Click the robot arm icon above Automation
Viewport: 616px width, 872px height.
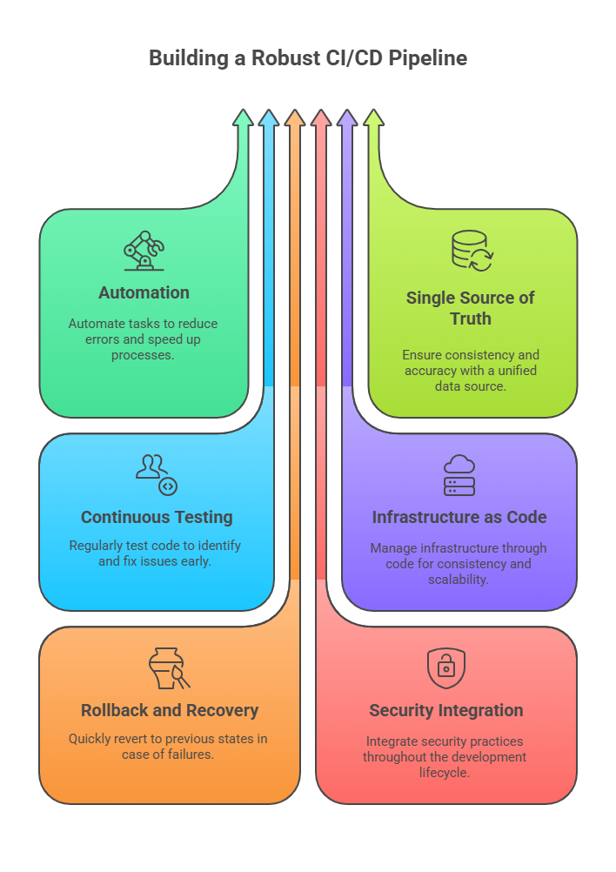coord(144,251)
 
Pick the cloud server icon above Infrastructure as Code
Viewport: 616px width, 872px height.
coord(459,475)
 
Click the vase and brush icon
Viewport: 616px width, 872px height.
coord(169,669)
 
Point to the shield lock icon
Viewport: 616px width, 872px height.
coord(445,667)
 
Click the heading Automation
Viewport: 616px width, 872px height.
coord(144,292)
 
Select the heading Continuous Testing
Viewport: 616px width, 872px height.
coord(157,517)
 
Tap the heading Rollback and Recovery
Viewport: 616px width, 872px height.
coord(170,710)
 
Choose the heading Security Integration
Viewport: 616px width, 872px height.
coord(446,710)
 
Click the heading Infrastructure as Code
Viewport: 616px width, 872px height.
coord(459,517)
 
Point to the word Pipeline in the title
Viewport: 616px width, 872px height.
coord(429,58)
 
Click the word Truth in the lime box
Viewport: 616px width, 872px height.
coord(471,319)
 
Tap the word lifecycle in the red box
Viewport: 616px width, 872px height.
coord(445,772)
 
